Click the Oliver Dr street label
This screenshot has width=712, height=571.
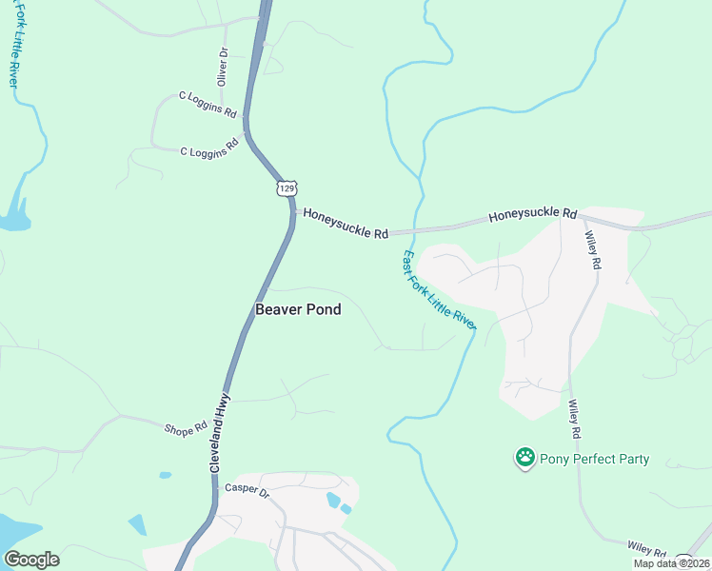[x=223, y=68]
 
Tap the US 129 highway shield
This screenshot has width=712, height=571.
[x=287, y=187]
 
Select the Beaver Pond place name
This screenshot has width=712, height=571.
[x=298, y=309]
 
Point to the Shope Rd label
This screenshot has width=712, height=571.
[x=186, y=430]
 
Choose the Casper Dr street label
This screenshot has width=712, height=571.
[x=247, y=490]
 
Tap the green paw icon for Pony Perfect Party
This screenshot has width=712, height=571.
[x=524, y=459]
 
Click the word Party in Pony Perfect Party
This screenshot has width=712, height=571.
[x=630, y=459]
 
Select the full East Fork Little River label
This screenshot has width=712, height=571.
[x=439, y=291]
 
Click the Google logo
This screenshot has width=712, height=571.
[x=31, y=560]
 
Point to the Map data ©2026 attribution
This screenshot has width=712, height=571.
[x=671, y=563]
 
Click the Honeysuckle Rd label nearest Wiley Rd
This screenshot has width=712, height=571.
[x=533, y=216]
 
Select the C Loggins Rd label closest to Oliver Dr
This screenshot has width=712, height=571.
[x=208, y=104]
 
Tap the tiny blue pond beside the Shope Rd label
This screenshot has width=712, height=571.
[x=166, y=474]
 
